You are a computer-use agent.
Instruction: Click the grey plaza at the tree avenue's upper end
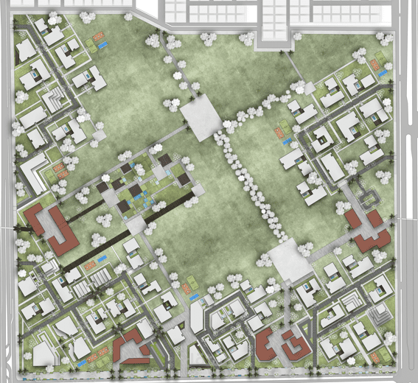coord(201,118)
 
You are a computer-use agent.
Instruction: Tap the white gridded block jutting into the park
coord(274,22)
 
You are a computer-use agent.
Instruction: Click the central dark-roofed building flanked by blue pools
coord(136,191)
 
